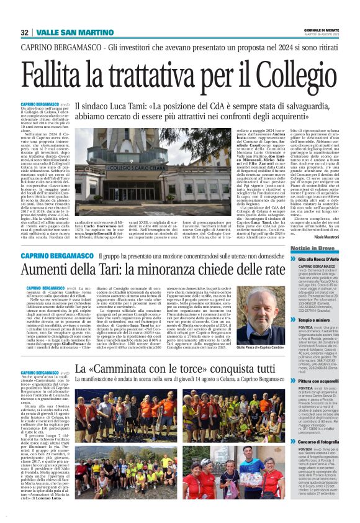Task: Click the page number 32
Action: pyautogui.click(x=24, y=32)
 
